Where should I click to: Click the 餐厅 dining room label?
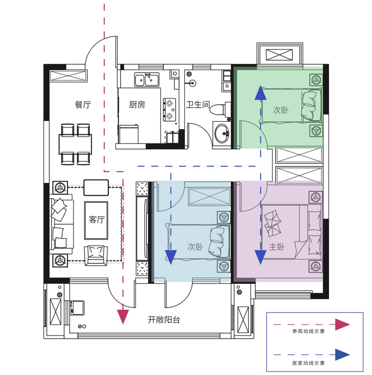83,105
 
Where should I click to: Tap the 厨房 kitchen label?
137,105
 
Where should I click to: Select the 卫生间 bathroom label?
198,104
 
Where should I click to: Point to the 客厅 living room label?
97,220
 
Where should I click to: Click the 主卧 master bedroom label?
277,247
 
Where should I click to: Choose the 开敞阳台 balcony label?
164,320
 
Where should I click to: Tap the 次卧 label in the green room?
281,110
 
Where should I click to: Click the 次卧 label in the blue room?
195,247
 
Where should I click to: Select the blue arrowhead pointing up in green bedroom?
260,93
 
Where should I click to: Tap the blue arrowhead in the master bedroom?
260,257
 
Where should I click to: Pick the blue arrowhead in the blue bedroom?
171,257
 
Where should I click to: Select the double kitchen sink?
146,79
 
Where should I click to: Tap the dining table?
75,144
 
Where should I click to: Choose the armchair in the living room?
96,255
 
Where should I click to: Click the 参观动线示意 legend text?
308,331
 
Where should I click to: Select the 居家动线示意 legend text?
308,363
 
